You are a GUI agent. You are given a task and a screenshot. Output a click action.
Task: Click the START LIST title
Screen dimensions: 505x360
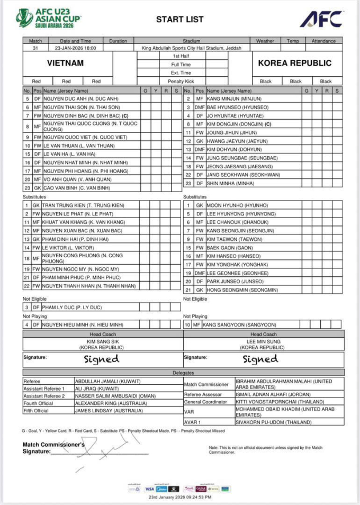tap(179, 20)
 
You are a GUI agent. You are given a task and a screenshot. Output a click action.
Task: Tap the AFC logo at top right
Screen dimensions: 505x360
tap(321, 19)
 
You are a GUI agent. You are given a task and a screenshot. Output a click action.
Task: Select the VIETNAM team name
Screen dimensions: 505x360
tap(66, 63)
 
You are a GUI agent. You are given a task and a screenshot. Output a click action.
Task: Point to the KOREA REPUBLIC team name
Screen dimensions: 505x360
tap(294, 63)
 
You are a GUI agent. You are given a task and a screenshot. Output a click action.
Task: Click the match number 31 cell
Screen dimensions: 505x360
tap(35, 48)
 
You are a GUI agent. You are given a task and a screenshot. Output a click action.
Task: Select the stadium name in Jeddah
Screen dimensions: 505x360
tap(191, 48)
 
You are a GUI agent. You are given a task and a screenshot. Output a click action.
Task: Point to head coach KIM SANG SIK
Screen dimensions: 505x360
tap(102, 341)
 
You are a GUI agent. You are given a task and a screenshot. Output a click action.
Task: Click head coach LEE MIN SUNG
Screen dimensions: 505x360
tap(263, 341)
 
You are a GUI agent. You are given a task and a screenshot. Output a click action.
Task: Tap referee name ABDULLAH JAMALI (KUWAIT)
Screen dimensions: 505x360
tap(106, 381)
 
